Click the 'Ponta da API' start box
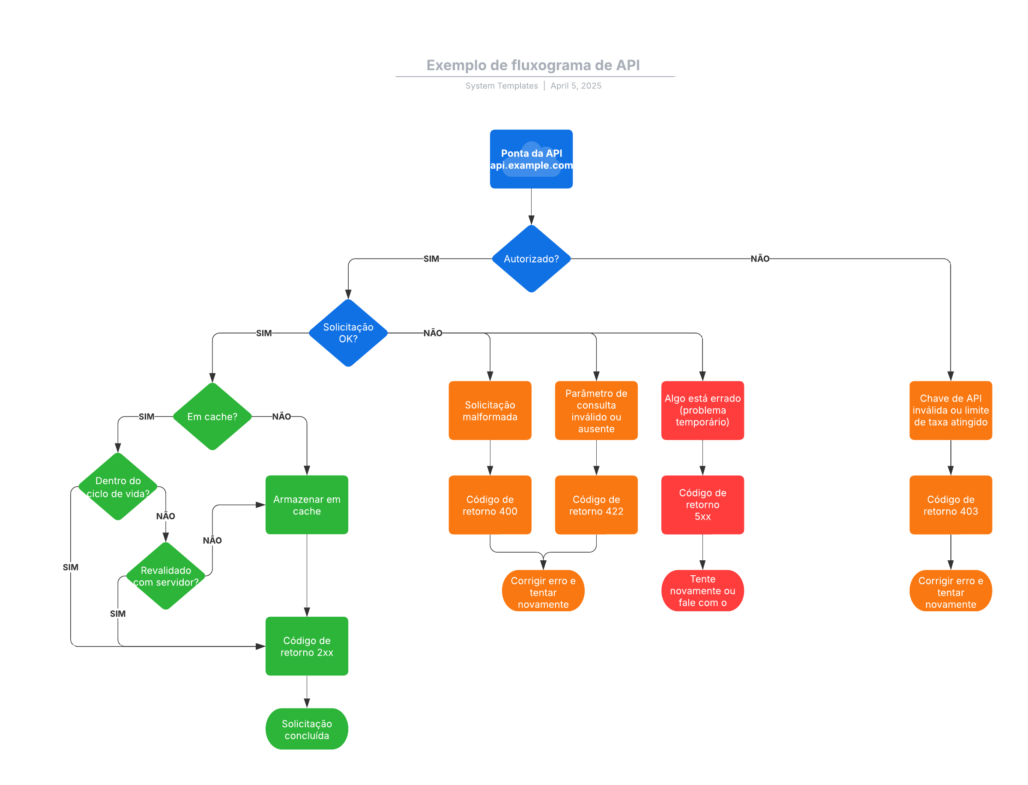coord(531,159)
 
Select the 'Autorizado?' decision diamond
coord(531,259)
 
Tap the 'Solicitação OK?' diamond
coord(348,333)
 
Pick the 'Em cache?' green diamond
coord(212,416)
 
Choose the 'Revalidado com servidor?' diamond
coord(165,576)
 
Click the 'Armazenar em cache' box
coord(307,505)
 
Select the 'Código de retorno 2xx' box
coord(307,646)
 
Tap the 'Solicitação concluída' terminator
coord(307,729)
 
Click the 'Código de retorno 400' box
coord(490,505)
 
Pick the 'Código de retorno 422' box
coord(596,505)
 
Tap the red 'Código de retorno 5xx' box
coord(702,505)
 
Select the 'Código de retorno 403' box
coord(950,505)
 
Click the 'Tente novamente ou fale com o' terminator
coord(702,590)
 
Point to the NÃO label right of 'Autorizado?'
coord(760,259)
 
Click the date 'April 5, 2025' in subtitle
coord(576,86)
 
